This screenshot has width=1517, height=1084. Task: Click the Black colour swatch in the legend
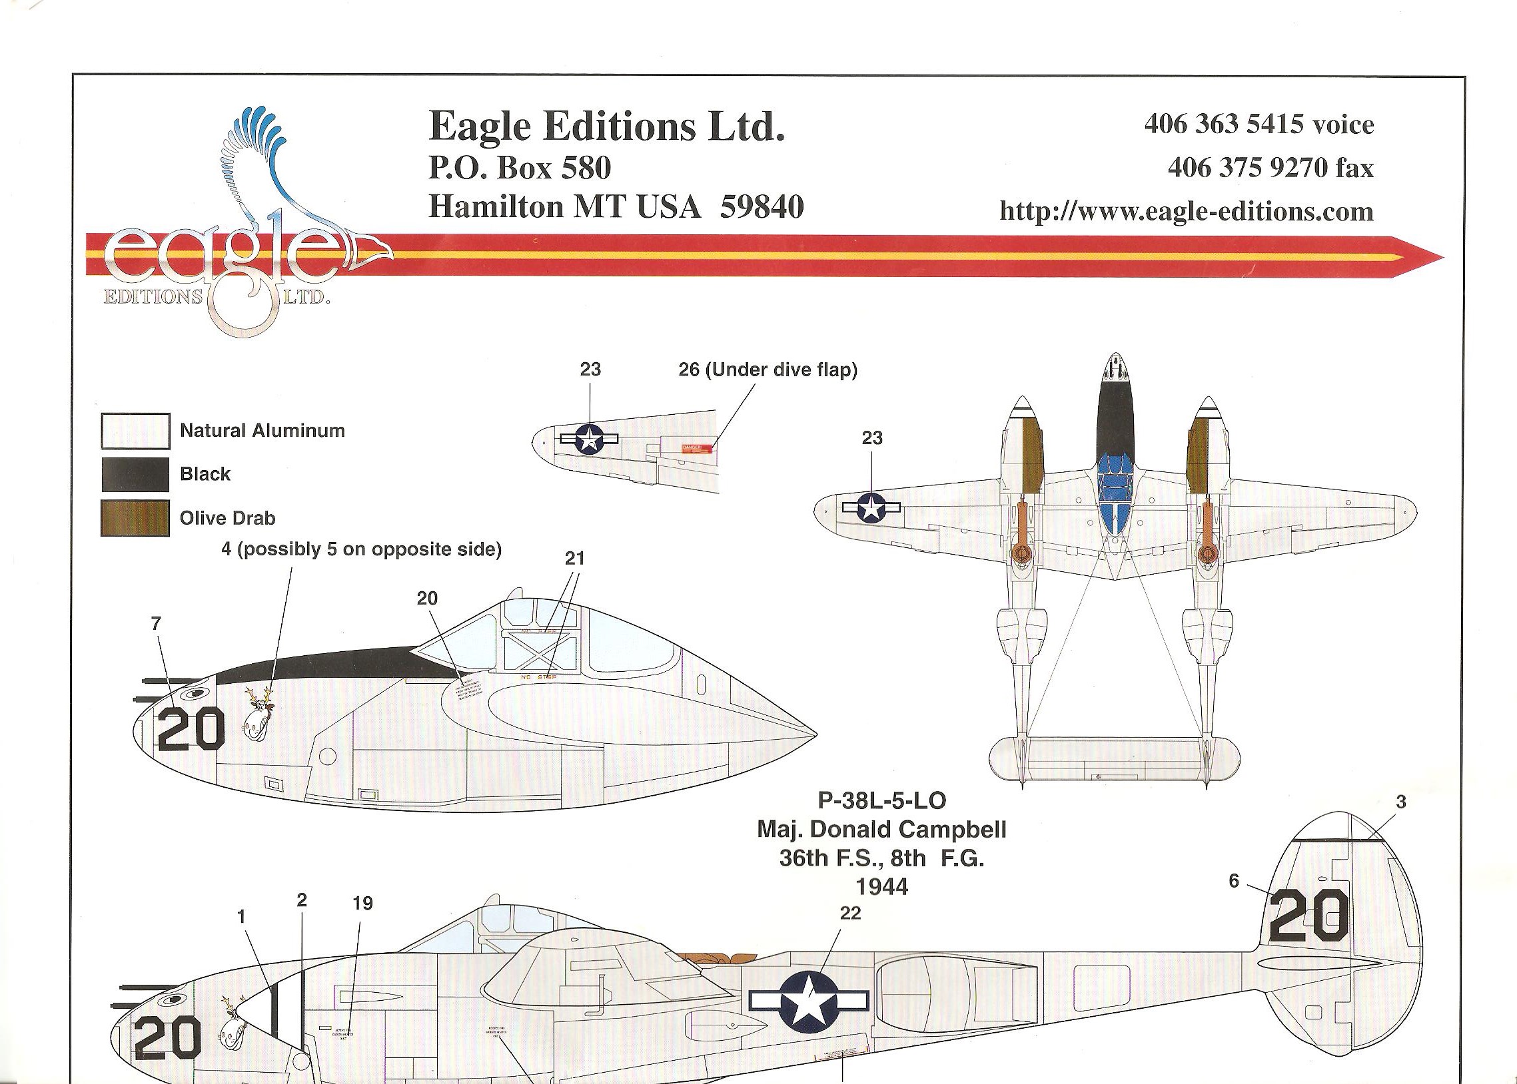click(135, 475)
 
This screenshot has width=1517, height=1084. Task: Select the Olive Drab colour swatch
click(135, 518)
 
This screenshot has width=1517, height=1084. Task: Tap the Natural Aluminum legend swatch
click(135, 431)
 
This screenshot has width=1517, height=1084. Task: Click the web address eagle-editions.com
click(1186, 212)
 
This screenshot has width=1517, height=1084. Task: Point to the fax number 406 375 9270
click(1270, 168)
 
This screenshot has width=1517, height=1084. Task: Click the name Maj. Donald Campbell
click(881, 830)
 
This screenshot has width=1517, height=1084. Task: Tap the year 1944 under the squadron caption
click(882, 887)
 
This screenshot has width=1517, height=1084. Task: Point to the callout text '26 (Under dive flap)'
click(767, 370)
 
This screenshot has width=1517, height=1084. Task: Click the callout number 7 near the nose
click(157, 623)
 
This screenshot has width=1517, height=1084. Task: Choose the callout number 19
click(362, 904)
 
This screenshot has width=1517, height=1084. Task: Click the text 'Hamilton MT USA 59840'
click(616, 206)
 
